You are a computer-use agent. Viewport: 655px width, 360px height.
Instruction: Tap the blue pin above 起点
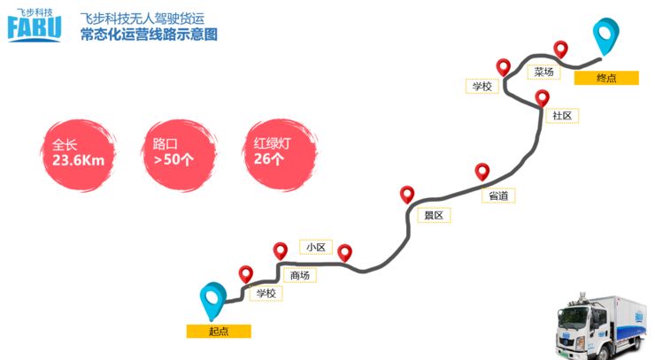click(x=212, y=299)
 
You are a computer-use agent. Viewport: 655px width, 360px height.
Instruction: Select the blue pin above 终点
click(x=605, y=36)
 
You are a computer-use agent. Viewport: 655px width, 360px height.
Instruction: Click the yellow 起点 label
click(x=219, y=332)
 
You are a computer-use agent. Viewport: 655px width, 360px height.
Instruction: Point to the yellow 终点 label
click(x=606, y=78)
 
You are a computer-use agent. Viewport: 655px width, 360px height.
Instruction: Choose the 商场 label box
click(x=300, y=275)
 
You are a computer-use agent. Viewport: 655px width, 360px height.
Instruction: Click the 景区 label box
click(x=433, y=215)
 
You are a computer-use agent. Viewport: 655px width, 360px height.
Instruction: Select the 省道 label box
click(x=499, y=195)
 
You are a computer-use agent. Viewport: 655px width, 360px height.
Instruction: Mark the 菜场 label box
click(x=543, y=72)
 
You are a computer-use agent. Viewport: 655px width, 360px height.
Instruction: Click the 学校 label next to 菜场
click(x=482, y=86)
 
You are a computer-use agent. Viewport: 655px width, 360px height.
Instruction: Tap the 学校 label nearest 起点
click(x=266, y=293)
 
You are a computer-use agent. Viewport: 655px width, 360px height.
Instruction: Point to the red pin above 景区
click(x=407, y=194)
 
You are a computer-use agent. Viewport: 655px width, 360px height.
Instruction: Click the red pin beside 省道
click(x=482, y=171)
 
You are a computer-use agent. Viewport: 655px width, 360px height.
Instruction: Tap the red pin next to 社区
click(x=543, y=96)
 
